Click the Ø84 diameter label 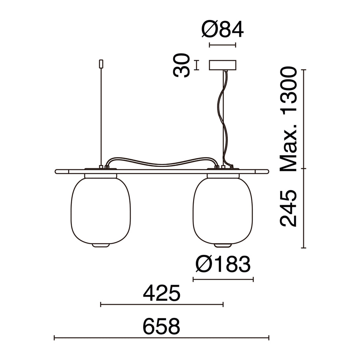223,30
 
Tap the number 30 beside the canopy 182,65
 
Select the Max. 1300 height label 288,119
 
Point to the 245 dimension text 288,208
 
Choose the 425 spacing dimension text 161,293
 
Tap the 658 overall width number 161,326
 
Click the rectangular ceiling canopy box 223,65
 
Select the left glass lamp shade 100,211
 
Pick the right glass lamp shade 223,211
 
